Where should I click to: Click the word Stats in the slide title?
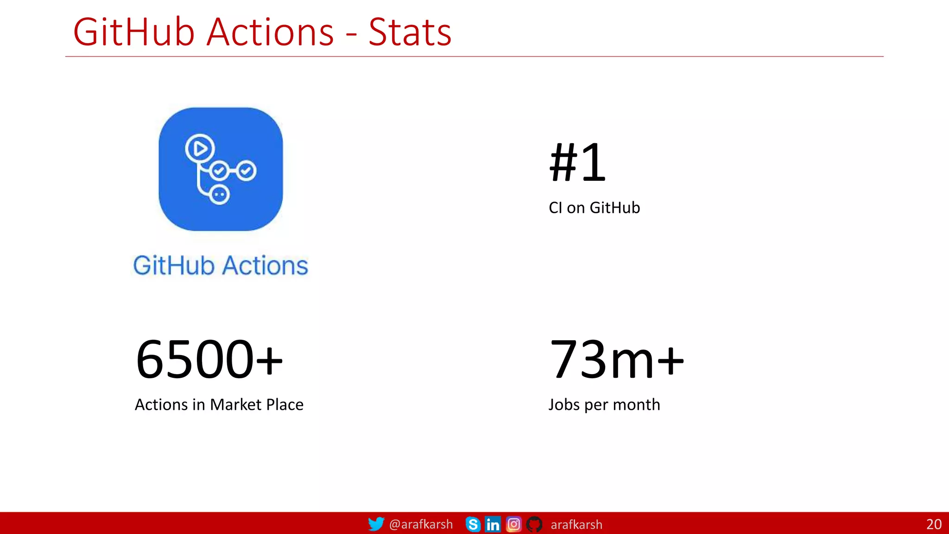410,32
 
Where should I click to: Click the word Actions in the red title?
270,32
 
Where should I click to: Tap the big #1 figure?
577,163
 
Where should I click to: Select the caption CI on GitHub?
594,208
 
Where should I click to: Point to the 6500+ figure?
209,359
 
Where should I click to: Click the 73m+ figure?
616,359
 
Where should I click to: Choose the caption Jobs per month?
604,405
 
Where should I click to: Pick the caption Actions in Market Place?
219,405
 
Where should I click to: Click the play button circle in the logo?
200,149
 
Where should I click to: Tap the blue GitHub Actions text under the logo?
221,266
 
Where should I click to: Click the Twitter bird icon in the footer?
376,524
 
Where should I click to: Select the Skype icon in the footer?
473,524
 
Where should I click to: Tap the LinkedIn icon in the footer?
493,524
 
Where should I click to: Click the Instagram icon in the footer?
513,524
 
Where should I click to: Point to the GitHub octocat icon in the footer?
534,524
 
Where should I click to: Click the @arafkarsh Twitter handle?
421,524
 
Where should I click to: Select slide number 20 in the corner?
934,524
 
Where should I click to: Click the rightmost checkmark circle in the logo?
246,171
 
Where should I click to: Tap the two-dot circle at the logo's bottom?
219,195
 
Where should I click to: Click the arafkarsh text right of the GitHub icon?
576,525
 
